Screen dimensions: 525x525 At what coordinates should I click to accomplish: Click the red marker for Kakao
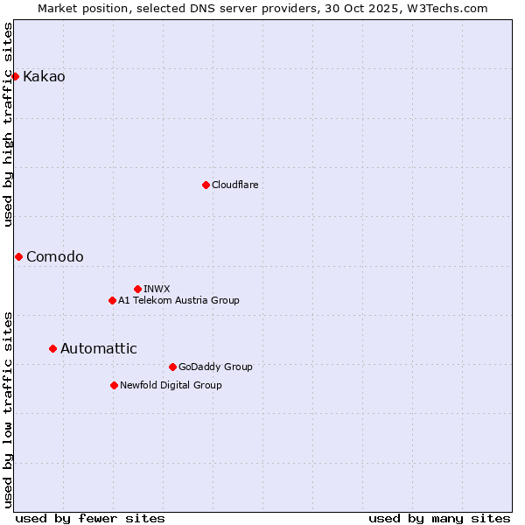coord(15,76)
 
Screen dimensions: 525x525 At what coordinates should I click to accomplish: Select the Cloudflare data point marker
coord(206,185)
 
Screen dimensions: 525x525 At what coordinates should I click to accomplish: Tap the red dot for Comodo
coord(18,256)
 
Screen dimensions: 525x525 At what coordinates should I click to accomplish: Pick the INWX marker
coord(137,289)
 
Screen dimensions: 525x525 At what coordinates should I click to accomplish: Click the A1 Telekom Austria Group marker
coord(112,300)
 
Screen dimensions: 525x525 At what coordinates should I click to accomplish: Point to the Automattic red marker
coord(52,348)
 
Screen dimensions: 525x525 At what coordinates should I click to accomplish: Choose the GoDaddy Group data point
coord(172,367)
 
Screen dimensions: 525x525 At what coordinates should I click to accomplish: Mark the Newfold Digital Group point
coord(114,385)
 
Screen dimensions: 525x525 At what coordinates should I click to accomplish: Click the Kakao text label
coord(44,77)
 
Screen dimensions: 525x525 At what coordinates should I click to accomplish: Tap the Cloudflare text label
coord(234,185)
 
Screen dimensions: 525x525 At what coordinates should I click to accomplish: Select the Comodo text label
coord(55,256)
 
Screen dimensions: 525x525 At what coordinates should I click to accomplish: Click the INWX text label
coord(157,289)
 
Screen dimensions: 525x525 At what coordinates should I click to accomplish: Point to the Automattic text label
coord(98,348)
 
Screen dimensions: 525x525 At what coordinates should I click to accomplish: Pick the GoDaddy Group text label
coord(214,367)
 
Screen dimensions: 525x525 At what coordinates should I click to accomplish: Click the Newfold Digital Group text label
coord(171,385)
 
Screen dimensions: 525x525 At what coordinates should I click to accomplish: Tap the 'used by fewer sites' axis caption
coord(90,518)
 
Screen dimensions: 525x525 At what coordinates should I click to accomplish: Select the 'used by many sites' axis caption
coord(439,518)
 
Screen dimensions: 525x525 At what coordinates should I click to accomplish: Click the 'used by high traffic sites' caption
coord(9,124)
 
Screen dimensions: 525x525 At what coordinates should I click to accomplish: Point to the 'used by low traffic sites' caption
coord(9,409)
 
